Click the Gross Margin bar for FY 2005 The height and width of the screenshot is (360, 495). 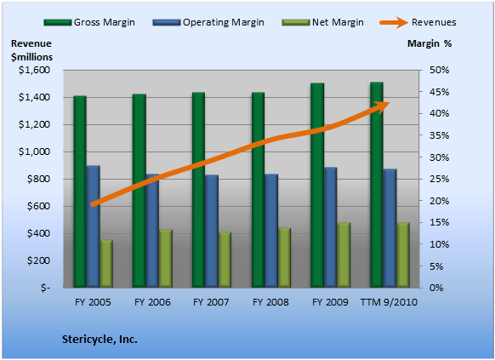80,191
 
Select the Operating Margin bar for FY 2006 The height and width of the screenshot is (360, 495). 152,231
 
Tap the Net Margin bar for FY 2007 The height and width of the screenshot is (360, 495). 225,260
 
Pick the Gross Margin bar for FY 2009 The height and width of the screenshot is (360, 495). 317,186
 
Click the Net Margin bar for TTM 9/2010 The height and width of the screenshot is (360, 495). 403,255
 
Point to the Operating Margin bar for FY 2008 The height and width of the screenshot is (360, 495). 271,231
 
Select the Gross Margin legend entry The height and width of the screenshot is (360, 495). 89,22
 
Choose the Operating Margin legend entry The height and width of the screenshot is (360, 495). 208,22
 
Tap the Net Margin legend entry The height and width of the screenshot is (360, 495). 322,22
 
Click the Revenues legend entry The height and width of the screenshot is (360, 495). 418,22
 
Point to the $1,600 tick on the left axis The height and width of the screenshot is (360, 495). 34,70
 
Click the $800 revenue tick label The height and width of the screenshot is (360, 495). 38,179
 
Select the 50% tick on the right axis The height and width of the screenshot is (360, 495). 439,70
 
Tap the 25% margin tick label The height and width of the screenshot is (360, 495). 439,179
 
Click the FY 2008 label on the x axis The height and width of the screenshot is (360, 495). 270,302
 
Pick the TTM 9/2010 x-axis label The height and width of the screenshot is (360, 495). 389,302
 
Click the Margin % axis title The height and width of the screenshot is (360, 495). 430,43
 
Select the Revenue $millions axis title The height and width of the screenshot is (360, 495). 31,50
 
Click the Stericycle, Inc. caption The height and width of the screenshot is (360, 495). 100,340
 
